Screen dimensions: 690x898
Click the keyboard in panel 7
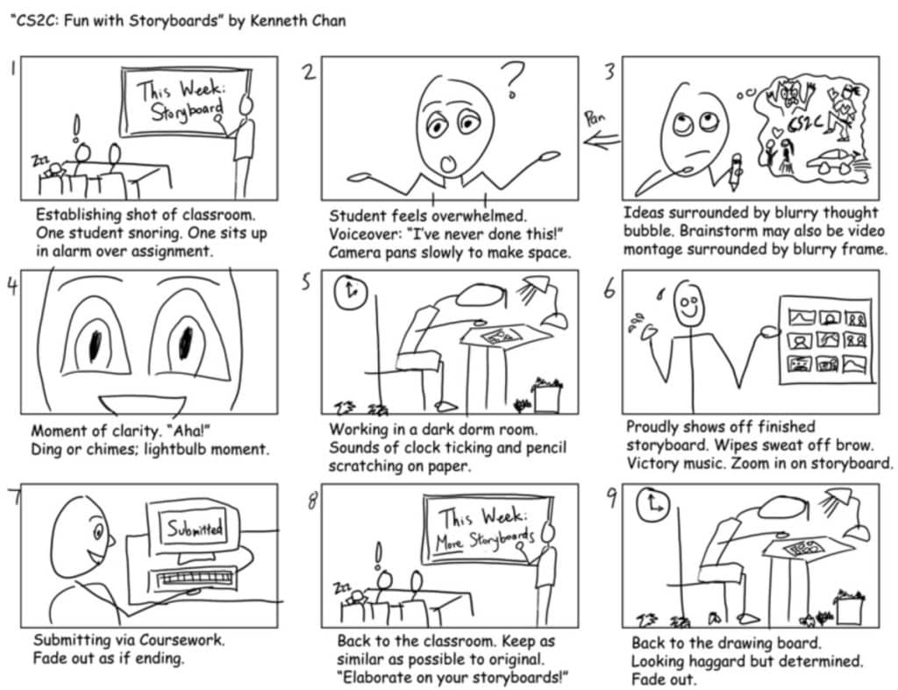click(x=196, y=581)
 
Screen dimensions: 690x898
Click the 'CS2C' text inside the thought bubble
click(x=805, y=126)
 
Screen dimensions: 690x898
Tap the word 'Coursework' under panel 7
click(x=175, y=640)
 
